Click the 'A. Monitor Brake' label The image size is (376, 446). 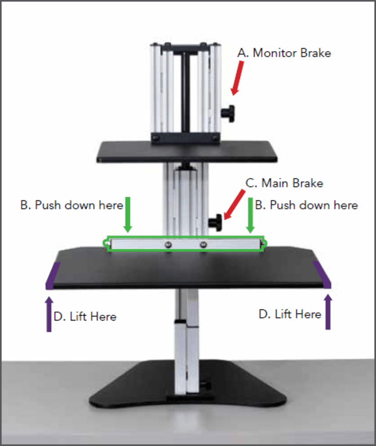(x=284, y=53)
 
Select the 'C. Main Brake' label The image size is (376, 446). (x=284, y=183)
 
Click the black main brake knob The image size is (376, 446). (x=217, y=222)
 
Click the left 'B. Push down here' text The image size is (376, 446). (x=72, y=205)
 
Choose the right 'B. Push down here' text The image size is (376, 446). (x=307, y=205)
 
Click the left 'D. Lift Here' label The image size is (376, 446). (x=85, y=316)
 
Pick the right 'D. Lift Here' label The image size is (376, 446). (x=289, y=314)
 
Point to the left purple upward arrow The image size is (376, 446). (x=48, y=314)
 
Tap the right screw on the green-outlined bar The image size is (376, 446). (x=203, y=245)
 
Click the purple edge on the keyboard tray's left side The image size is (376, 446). (x=52, y=275)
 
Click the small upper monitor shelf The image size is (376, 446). (x=186, y=151)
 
